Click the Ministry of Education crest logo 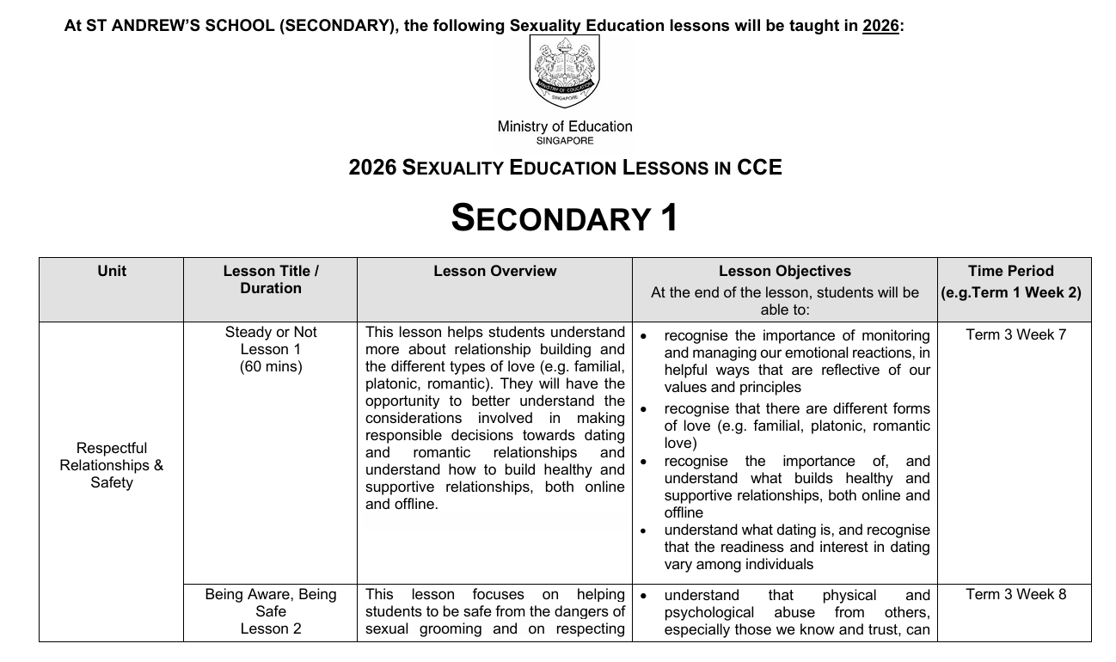[x=564, y=71]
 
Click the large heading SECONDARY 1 [x=564, y=218]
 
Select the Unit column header [x=112, y=272]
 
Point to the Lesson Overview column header [x=494, y=272]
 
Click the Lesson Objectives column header [x=784, y=272]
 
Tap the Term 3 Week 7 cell [x=1015, y=334]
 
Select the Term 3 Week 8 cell [x=1015, y=594]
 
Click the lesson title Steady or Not [x=271, y=333]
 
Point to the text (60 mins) [x=271, y=367]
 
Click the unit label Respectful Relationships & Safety [x=112, y=465]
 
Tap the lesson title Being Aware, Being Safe [x=271, y=603]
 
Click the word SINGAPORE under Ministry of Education [x=564, y=141]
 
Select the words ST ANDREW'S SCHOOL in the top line [x=181, y=26]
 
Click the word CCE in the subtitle [x=759, y=168]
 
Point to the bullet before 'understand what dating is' [x=643, y=531]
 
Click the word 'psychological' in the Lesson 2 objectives [x=708, y=612]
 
